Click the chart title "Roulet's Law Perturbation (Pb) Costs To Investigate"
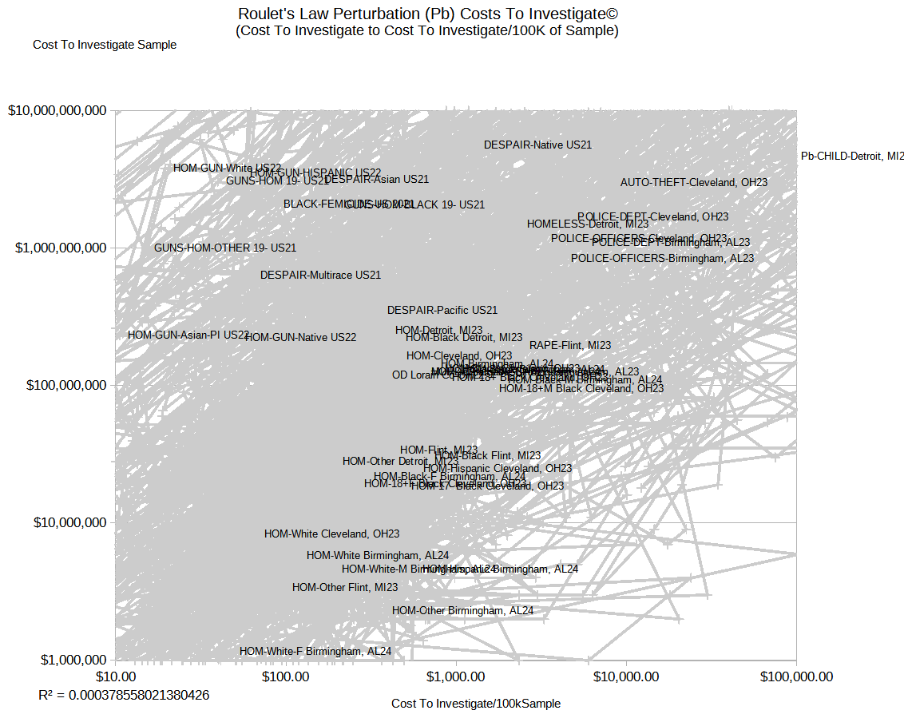428,14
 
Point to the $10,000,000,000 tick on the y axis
57,111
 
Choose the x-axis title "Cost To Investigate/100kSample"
476,704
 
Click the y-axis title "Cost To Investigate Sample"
105,45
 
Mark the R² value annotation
124,695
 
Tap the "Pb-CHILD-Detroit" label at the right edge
851,156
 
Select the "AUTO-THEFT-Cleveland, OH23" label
694,183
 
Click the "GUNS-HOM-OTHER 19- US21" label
225,248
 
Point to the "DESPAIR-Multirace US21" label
320,276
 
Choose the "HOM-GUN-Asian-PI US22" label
188,335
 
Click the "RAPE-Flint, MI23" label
570,346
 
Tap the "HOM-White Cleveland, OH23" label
332,534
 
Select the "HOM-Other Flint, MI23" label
345,588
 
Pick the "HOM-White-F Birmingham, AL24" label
315,652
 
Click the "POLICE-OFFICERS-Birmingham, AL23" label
662,259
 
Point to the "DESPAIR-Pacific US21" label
442,311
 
